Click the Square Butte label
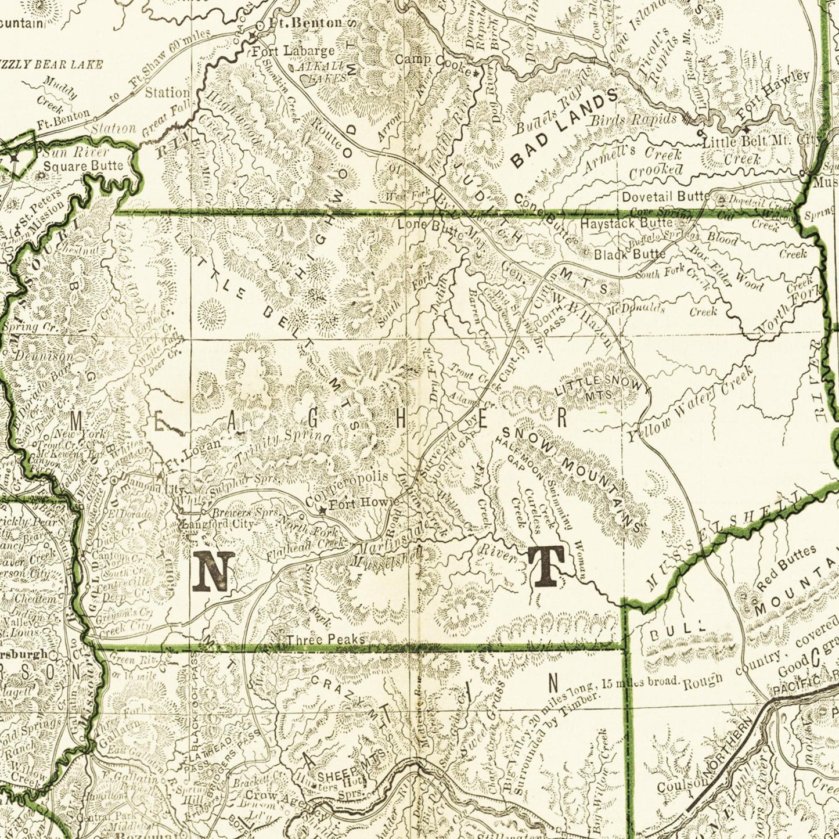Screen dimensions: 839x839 [84, 166]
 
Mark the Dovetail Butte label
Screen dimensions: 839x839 [665, 196]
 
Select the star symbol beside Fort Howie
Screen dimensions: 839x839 [322, 511]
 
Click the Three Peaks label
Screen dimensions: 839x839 [326, 639]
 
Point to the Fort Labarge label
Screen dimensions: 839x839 [293, 51]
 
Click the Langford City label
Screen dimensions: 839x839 [218, 524]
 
